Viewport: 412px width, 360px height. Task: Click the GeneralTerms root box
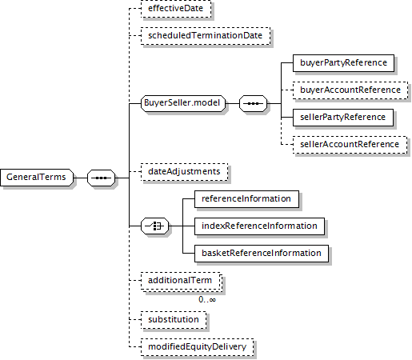point(37,178)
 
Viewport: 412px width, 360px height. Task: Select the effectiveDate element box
point(176,9)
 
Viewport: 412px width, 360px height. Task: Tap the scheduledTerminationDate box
point(206,36)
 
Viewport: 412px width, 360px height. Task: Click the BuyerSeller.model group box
point(183,103)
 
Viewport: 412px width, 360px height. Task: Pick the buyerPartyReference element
point(343,63)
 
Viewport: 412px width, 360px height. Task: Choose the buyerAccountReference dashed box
point(350,90)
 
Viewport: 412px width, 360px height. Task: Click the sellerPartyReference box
point(343,118)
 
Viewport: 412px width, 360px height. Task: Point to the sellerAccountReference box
point(350,145)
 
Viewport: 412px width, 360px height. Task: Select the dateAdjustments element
point(185,172)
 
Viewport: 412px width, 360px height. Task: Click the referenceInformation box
point(246,199)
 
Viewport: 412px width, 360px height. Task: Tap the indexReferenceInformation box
point(259,226)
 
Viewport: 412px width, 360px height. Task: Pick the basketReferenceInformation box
point(262,254)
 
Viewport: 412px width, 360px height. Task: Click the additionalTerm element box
point(182,281)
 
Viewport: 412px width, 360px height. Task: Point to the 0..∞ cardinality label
point(207,300)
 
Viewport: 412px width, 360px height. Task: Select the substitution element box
point(174,320)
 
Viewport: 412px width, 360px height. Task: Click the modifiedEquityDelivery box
point(198,347)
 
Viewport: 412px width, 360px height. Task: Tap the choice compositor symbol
point(155,226)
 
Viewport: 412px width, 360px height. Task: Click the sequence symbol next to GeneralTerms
point(102,178)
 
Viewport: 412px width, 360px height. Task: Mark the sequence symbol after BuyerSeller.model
point(253,103)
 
